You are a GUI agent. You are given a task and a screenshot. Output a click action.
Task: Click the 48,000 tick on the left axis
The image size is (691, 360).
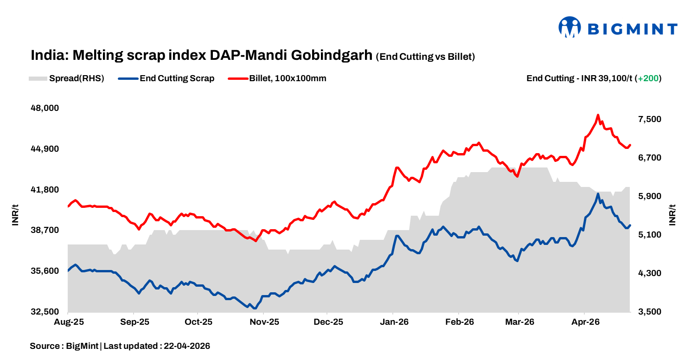tap(45, 108)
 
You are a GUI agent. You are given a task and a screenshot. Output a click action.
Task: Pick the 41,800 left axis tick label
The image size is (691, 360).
tap(45, 190)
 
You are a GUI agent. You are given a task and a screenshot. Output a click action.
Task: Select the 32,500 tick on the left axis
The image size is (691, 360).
tap(45, 312)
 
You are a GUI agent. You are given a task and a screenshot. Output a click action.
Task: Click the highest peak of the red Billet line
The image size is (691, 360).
tap(598, 115)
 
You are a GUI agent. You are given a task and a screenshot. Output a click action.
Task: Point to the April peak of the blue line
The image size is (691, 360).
tap(598, 194)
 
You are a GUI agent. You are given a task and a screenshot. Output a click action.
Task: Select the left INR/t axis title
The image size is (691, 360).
tap(15, 214)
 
